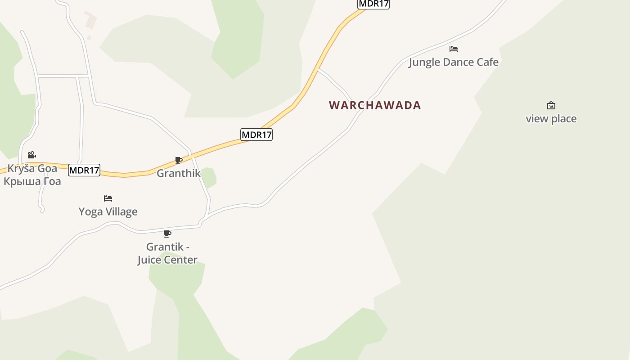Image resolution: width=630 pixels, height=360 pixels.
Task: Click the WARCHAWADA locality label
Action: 375,105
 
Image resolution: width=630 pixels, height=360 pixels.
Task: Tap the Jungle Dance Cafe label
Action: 454,62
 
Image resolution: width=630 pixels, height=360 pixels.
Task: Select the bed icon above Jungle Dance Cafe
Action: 454,49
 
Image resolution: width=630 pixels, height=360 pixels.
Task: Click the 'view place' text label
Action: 551,119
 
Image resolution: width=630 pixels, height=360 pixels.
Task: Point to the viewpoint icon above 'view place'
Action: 551,106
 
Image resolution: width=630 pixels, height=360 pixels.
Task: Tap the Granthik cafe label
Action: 179,173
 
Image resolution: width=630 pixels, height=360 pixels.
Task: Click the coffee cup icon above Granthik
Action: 179,161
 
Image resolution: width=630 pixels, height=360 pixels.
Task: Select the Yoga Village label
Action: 108,211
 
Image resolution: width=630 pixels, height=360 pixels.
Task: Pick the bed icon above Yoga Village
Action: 108,198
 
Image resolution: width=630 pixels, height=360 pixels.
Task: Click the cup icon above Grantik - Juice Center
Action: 167,234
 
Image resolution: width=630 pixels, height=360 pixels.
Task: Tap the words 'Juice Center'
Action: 167,260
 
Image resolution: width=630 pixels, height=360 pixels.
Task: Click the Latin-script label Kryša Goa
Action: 32,169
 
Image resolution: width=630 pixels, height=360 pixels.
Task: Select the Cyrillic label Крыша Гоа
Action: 32,181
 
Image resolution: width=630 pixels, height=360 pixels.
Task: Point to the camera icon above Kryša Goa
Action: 32,155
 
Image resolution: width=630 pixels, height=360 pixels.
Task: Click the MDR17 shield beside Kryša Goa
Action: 84,170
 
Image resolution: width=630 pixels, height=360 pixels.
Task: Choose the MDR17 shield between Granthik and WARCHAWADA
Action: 256,135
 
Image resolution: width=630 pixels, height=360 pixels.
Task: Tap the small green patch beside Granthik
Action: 208,177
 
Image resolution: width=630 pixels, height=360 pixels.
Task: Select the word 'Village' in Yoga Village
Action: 122,211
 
